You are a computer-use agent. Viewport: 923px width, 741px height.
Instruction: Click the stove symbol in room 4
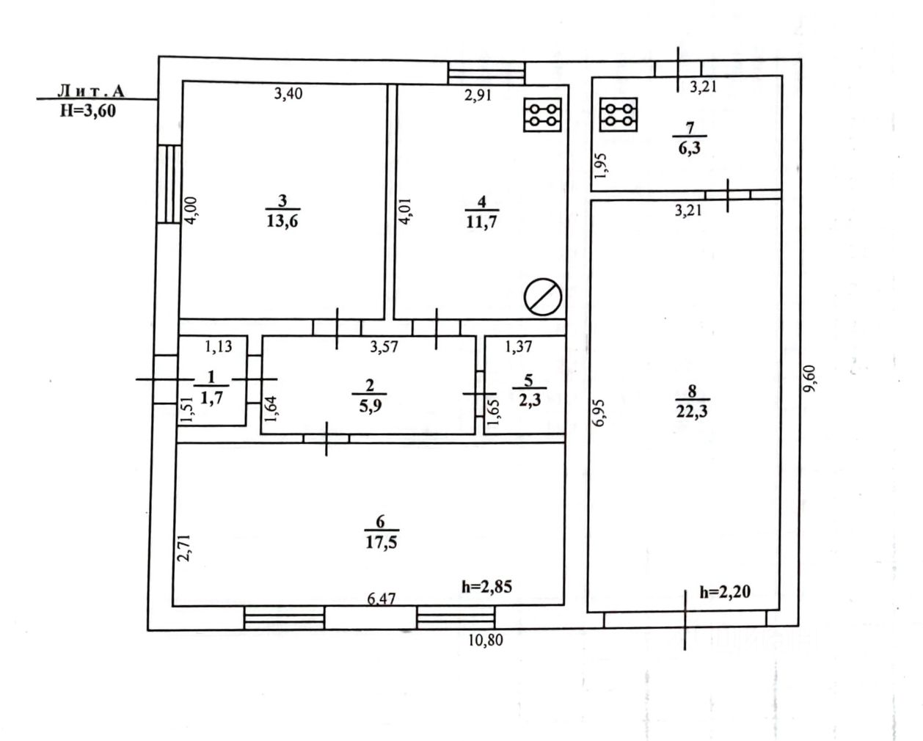click(x=542, y=115)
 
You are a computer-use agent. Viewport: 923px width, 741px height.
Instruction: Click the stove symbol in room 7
click(x=618, y=114)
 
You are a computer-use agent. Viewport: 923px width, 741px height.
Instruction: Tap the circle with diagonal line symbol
click(x=542, y=296)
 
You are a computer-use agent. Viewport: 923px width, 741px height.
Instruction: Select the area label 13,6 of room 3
click(x=282, y=222)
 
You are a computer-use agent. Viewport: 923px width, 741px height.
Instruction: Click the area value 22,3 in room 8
click(x=692, y=412)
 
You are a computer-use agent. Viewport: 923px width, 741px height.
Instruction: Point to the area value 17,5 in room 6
click(x=381, y=542)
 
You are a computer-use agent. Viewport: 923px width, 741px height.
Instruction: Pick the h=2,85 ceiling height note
click(x=486, y=587)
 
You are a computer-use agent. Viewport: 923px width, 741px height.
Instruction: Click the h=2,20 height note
click(x=725, y=592)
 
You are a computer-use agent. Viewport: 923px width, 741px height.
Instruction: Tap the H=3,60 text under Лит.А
click(x=87, y=111)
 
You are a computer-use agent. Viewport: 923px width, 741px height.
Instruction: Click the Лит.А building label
click(x=91, y=91)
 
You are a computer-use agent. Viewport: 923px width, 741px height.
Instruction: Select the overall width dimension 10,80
click(x=485, y=640)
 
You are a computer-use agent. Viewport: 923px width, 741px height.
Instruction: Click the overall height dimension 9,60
click(x=809, y=379)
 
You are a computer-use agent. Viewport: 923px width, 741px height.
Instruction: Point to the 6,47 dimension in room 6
click(x=382, y=599)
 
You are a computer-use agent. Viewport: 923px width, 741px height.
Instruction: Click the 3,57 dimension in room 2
click(x=384, y=346)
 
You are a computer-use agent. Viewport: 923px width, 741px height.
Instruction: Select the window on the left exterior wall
click(x=168, y=184)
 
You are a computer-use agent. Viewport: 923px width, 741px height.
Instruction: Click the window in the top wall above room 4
click(x=486, y=73)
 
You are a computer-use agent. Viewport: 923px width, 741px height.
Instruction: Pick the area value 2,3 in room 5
click(x=530, y=400)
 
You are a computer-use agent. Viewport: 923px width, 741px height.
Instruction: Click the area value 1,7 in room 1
click(x=211, y=399)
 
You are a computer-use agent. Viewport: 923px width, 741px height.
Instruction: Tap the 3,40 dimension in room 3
click(x=288, y=93)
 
